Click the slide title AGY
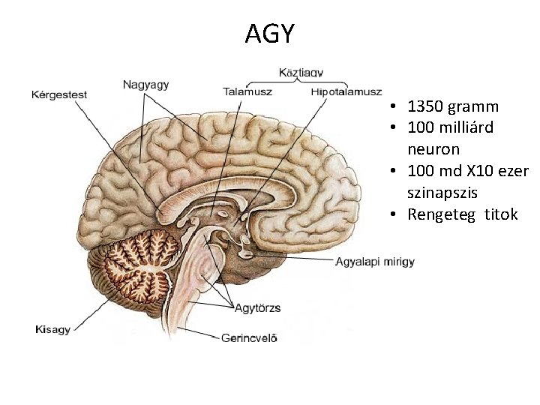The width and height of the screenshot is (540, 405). pos(270,34)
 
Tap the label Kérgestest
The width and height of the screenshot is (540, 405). pos(59,94)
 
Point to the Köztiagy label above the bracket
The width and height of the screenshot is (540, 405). pos(301,73)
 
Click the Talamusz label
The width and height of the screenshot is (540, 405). pos(247,91)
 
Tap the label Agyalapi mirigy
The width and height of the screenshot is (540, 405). pos(374,262)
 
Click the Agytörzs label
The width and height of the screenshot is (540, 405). pos(259,307)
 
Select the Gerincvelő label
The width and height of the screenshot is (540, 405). pos(249,337)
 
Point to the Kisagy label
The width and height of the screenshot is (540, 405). pos(53,329)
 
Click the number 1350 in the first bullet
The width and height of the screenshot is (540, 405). pos(427,106)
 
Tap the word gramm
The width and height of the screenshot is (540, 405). pos(473,106)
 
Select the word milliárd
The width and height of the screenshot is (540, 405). pos(467,128)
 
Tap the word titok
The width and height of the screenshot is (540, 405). pos(501,214)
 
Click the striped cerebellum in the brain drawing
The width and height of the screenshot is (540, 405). pos(142,266)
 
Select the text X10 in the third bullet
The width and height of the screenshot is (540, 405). pos(482,171)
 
